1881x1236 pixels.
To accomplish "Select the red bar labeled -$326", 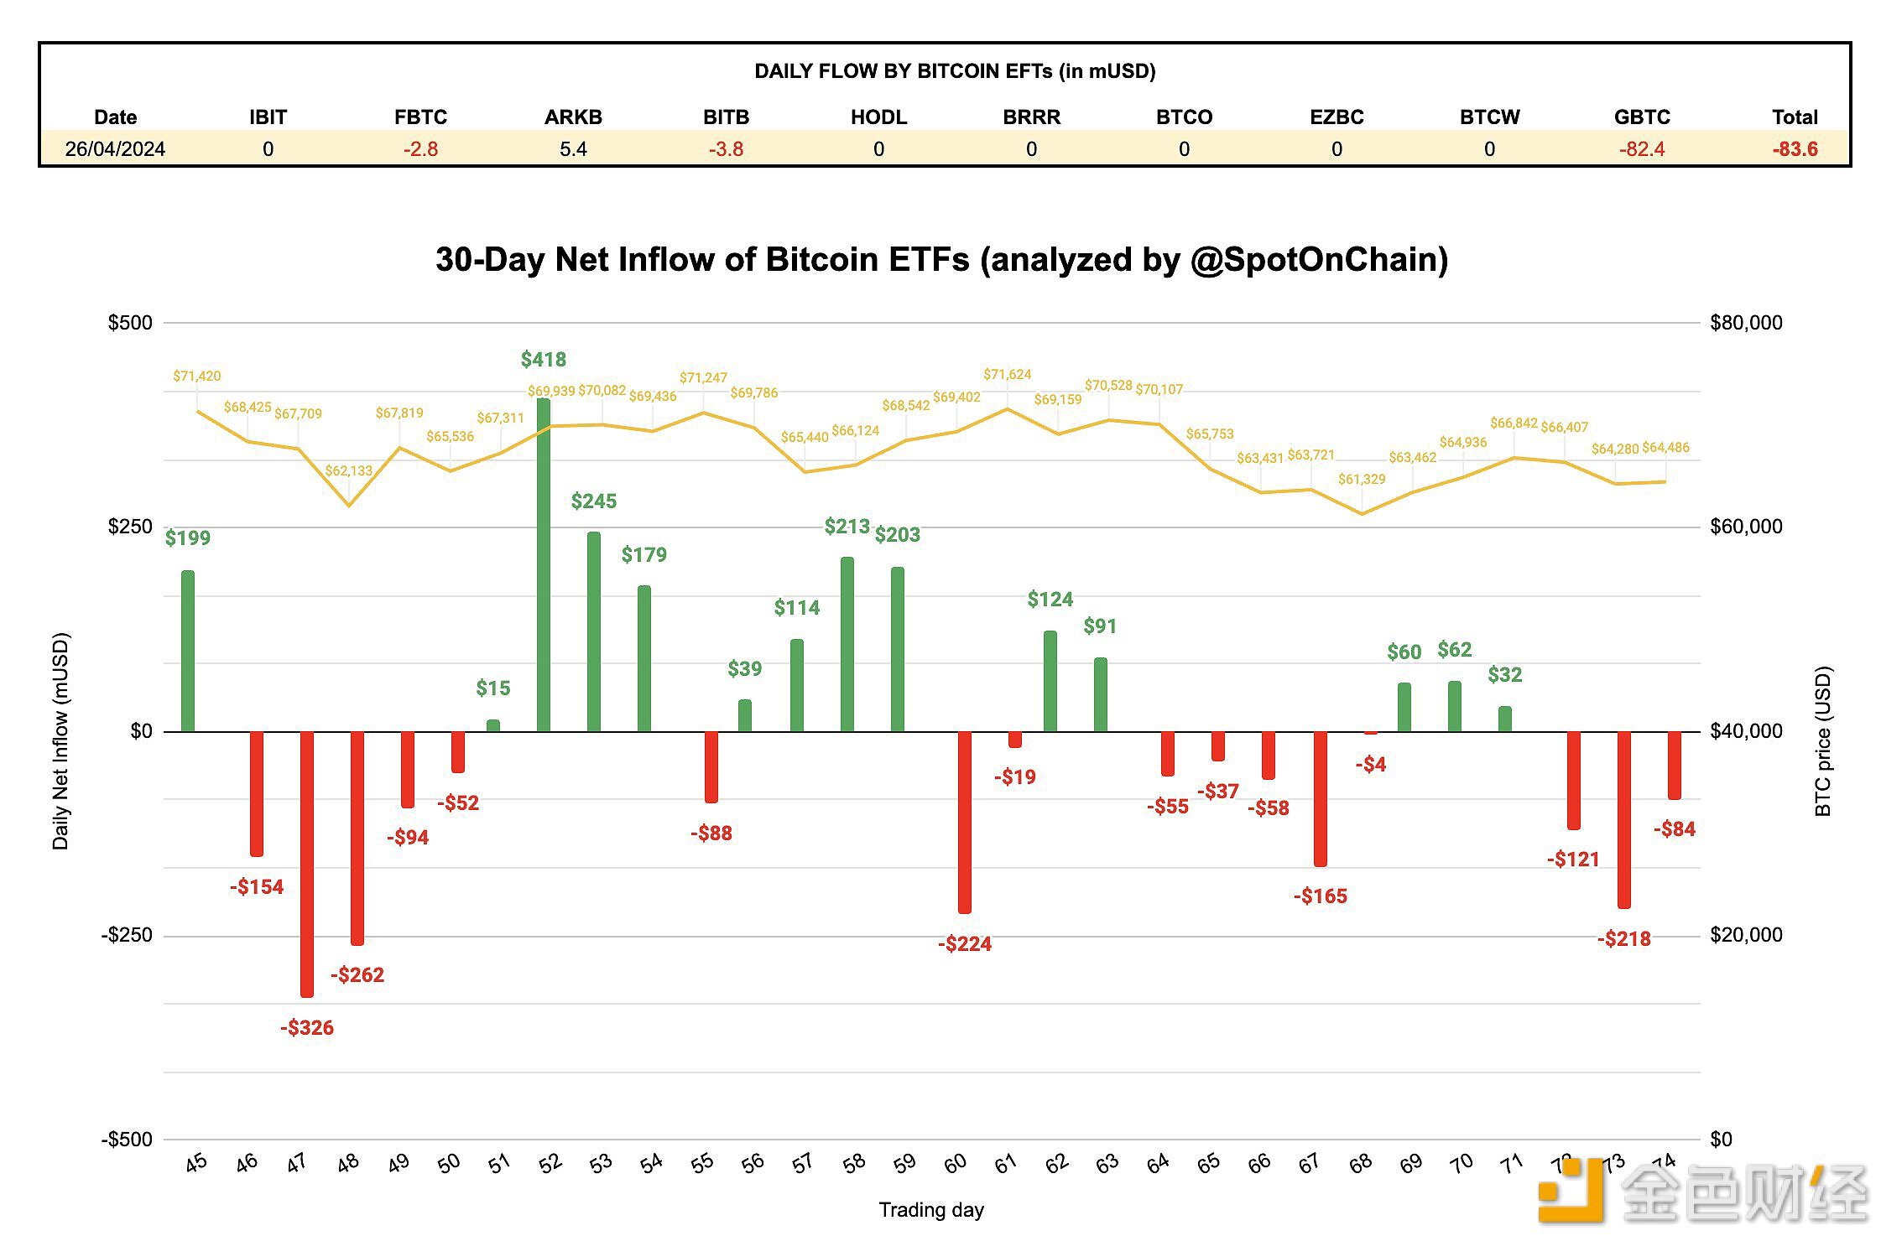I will point(307,864).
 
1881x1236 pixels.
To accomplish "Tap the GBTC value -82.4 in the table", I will point(1642,149).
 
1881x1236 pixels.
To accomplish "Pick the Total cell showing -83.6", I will point(1795,149).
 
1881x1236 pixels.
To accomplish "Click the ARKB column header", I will point(573,117).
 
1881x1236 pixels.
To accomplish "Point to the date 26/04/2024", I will point(115,149).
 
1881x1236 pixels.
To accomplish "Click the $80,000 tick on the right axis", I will point(1746,323).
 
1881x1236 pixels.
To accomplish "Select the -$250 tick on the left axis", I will point(127,935).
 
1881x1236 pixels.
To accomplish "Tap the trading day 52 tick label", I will point(550,1163).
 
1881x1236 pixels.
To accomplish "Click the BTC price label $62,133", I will point(348,471).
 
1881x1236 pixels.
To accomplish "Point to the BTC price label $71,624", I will point(1007,375).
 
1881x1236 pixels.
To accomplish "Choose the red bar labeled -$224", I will point(965,822).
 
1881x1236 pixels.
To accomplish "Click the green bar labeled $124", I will point(1050,681).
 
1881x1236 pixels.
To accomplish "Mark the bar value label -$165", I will point(1321,896).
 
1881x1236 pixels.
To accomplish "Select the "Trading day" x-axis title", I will point(931,1210).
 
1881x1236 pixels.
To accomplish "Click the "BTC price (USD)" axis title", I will point(1823,741).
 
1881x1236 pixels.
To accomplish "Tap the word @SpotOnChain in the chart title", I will point(1318,260).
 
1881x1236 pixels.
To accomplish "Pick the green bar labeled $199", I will point(188,651).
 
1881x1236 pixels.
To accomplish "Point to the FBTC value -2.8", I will point(420,149).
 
